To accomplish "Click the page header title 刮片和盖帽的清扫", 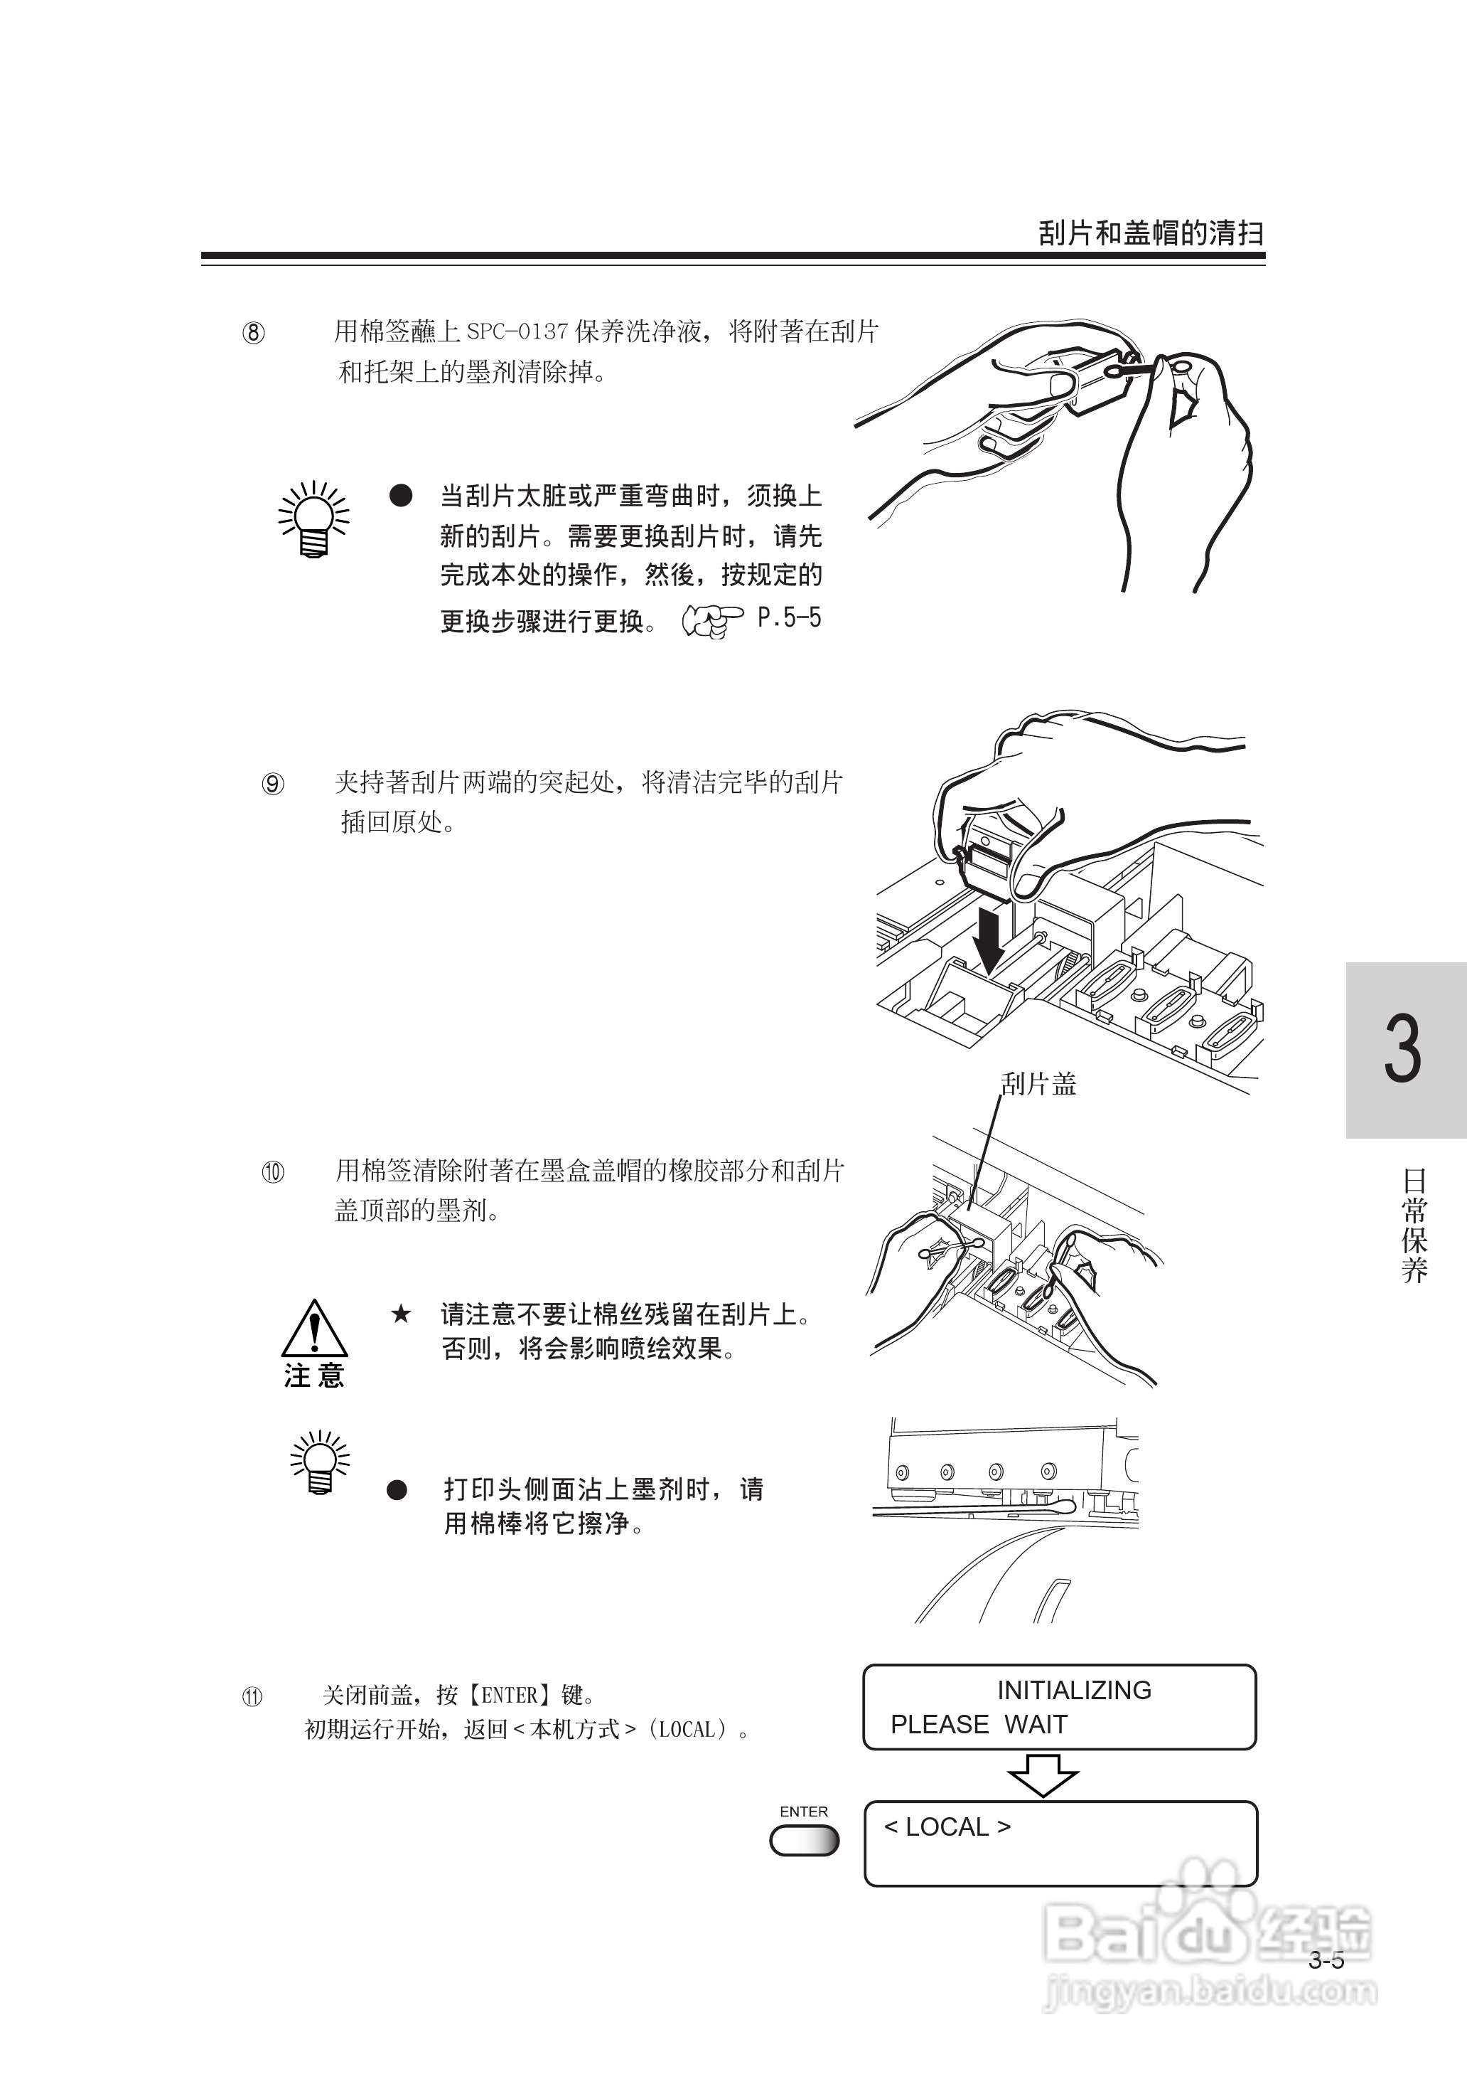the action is click(x=1151, y=233).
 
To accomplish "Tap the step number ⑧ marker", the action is click(x=254, y=334).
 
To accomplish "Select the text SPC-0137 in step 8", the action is click(x=517, y=331).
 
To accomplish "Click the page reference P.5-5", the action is click(x=790, y=618).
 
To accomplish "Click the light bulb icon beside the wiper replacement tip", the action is click(x=313, y=520).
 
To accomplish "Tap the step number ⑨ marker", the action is click(x=273, y=784).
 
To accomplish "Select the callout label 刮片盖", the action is click(x=1040, y=1083).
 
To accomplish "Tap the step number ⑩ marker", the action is click(x=273, y=1172).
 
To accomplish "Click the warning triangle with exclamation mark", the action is click(x=314, y=1329).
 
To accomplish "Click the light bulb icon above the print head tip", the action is click(x=320, y=1462).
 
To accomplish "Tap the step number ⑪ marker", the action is click(x=253, y=1697).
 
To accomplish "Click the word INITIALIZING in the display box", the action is click(x=1074, y=1690).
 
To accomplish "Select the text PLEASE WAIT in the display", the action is click(x=978, y=1724).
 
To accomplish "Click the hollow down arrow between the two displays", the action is click(x=1043, y=1775).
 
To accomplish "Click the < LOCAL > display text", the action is click(x=947, y=1826).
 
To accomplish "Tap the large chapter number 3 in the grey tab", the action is click(x=1403, y=1048).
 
